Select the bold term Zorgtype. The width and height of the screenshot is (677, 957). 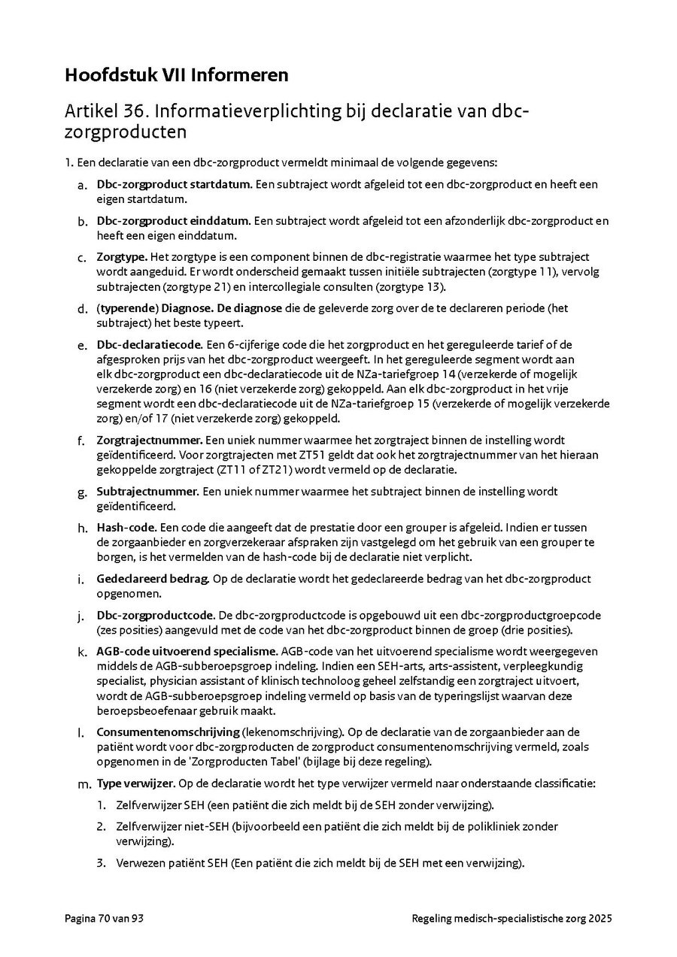(x=122, y=257)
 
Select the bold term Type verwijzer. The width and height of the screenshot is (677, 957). (x=135, y=783)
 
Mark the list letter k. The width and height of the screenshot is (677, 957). (x=82, y=651)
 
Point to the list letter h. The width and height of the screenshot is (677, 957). (x=82, y=528)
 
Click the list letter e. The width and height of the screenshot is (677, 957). (x=82, y=344)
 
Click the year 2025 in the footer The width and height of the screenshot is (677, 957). (x=600, y=919)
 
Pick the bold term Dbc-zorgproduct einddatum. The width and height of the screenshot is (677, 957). (x=173, y=221)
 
